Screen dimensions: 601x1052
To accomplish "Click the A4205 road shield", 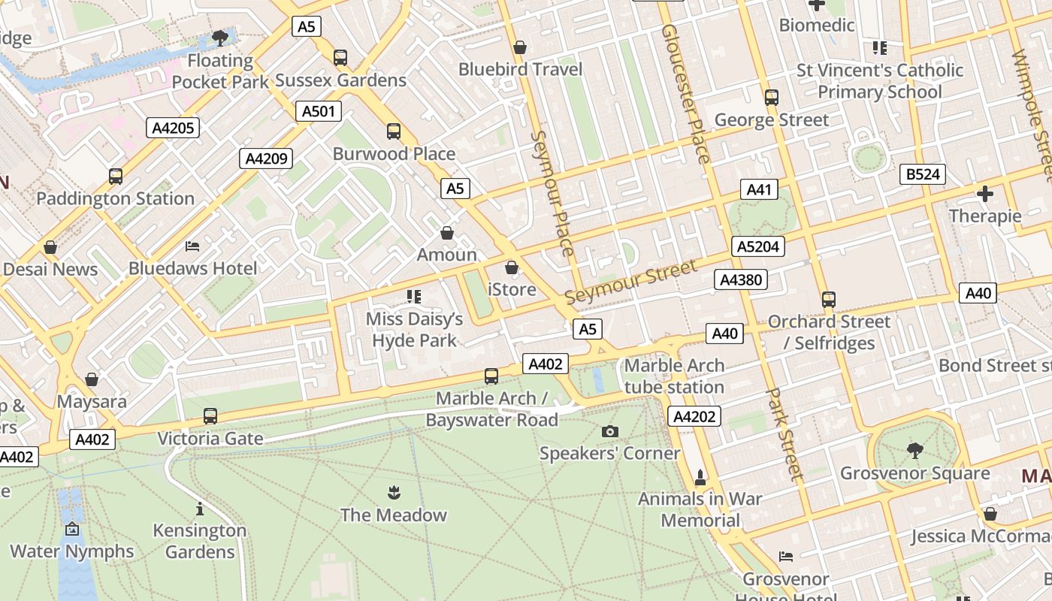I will [x=174, y=128].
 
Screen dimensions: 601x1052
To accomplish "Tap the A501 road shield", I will [x=318, y=112].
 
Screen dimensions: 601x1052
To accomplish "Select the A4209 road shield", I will [x=266, y=159].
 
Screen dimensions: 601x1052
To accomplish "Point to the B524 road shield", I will [x=922, y=175].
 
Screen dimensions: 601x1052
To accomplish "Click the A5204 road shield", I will [x=759, y=246].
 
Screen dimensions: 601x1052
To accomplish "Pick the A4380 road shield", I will [x=741, y=280].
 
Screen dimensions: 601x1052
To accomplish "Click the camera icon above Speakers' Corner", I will [x=610, y=431].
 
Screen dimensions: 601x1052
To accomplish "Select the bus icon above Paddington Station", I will [x=116, y=177].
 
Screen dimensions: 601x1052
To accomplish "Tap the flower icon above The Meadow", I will [x=393, y=493].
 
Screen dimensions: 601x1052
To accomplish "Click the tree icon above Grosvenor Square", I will [x=914, y=451].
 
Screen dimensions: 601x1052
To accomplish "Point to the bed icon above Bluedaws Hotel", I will [x=192, y=246].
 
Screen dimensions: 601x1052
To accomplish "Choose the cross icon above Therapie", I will [x=984, y=194].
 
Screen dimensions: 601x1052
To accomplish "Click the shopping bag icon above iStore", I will [x=512, y=267].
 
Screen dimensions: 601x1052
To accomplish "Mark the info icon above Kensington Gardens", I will [x=200, y=509].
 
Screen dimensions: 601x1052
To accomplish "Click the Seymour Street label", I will [x=630, y=282].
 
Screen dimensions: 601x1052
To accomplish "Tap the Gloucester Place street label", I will [x=685, y=93].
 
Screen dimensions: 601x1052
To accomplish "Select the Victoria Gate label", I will [x=210, y=439].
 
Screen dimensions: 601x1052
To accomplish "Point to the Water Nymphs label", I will [x=72, y=551].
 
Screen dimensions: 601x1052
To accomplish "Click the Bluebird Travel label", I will [x=521, y=70].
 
